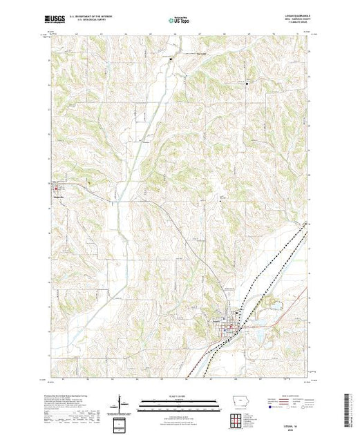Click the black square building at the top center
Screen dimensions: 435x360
[x=172, y=64]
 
